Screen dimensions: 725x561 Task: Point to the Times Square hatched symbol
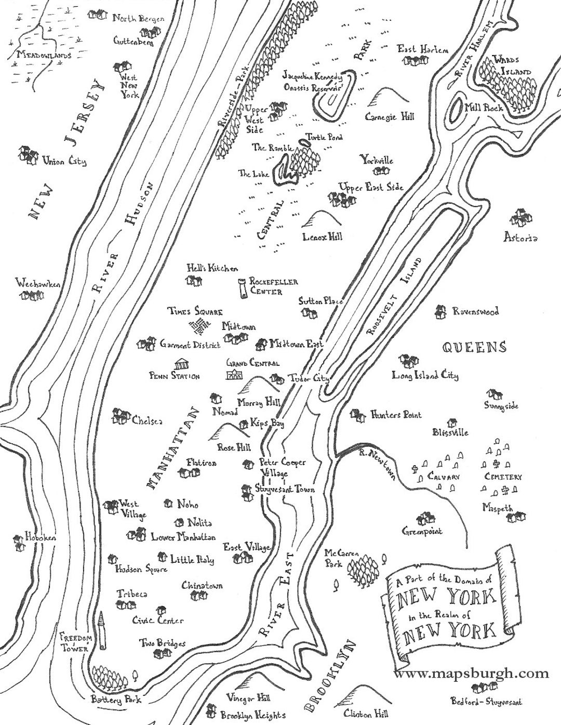199,327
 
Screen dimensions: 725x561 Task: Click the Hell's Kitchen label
212,268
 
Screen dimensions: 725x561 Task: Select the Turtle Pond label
324,137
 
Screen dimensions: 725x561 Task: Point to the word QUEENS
474,347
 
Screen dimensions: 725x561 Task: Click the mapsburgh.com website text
471,674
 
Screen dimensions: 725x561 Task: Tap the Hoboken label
35,536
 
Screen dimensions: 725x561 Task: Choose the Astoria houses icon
520,218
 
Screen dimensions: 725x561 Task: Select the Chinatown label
202,586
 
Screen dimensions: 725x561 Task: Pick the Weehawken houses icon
31,295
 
